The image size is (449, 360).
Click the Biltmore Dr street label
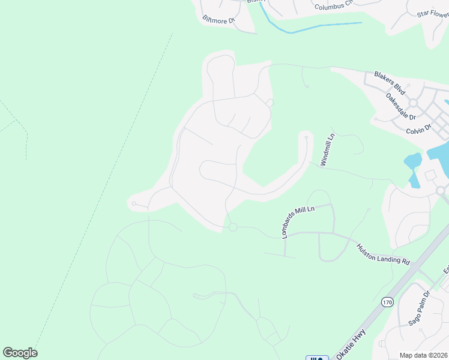[x=218, y=20]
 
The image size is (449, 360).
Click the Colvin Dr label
[x=419, y=128]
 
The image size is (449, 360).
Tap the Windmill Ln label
[x=327, y=150]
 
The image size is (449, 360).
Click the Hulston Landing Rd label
[x=383, y=254]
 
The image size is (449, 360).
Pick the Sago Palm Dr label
[x=420, y=308]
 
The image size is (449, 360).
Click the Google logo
[x=20, y=353]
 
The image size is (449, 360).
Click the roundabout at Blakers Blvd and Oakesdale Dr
[x=414, y=103]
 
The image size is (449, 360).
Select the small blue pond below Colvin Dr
[x=412, y=161]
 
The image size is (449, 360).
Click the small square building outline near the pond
[x=430, y=175]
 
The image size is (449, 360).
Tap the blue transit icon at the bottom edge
[x=317, y=358]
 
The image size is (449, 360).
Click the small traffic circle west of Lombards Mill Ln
[x=233, y=227]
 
